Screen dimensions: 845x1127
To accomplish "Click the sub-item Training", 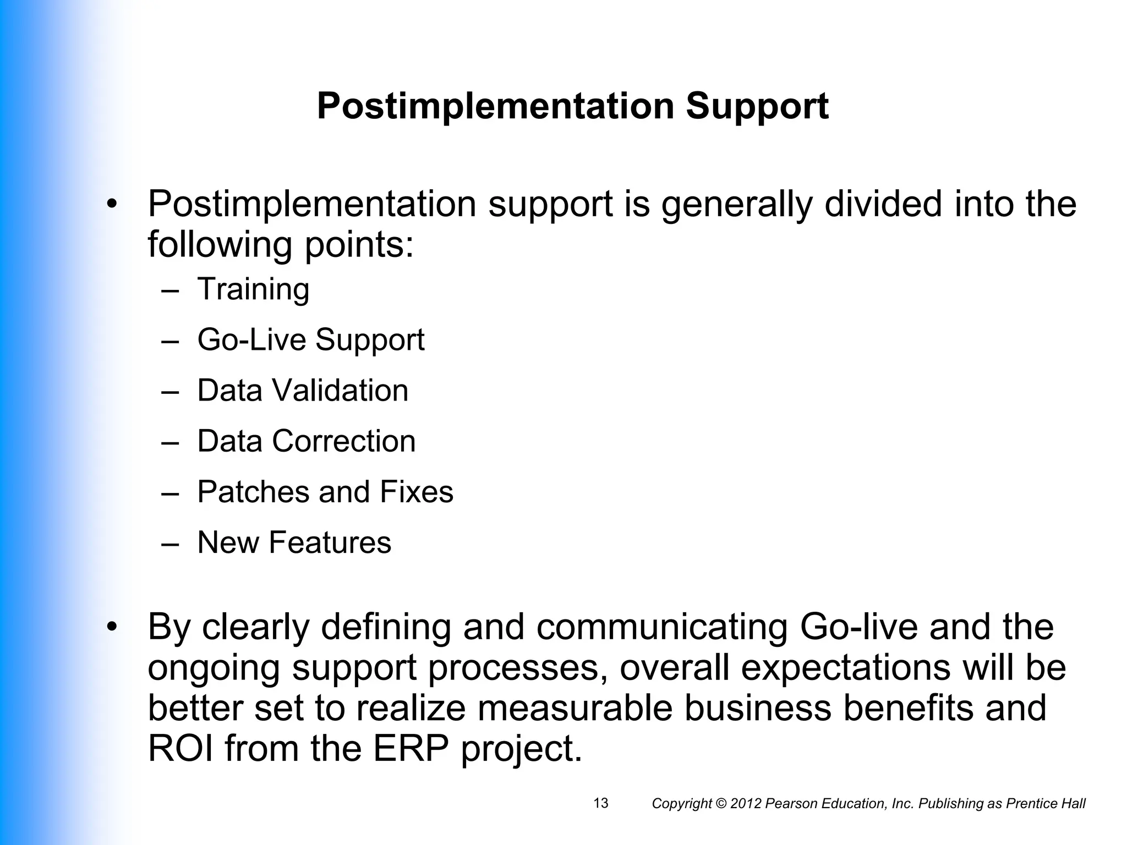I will click(253, 289).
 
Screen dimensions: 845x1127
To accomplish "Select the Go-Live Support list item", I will click(311, 340).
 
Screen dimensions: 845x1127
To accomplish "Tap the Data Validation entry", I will click(303, 391).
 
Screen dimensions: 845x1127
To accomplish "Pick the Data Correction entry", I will click(306, 441).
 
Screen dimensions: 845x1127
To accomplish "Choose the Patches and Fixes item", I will click(325, 492).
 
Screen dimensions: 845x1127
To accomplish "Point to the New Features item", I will click(294, 542).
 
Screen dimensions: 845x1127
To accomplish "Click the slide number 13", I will click(601, 803).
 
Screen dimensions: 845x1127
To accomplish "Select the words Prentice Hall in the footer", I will click(1045, 804).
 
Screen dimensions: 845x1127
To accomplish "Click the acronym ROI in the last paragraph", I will click(180, 748).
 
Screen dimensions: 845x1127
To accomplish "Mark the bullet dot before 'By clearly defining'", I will click(112, 627).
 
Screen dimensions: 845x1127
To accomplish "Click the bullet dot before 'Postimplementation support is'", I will click(112, 205).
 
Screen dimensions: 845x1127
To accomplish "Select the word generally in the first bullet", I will click(736, 205).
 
